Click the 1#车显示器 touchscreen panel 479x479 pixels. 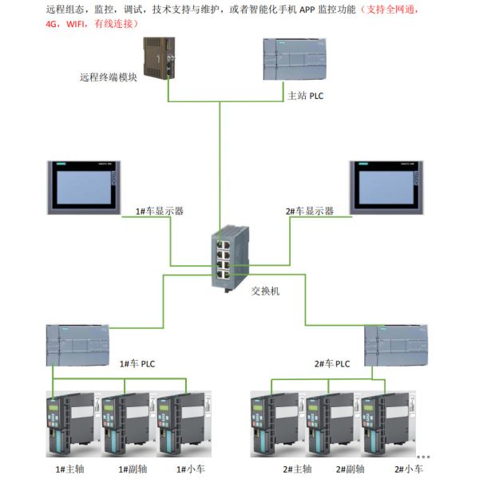coord(83,189)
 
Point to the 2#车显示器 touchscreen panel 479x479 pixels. coord(386,189)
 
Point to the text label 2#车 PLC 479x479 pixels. coord(332,363)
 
